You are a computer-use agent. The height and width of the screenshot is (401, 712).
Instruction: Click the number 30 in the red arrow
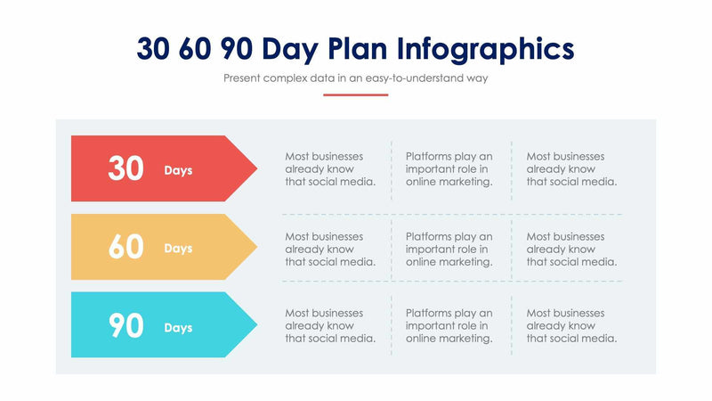[x=125, y=168]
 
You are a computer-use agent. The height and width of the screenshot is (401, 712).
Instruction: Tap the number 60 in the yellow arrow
[x=125, y=247]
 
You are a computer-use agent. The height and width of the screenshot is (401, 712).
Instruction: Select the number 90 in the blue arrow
[x=125, y=326]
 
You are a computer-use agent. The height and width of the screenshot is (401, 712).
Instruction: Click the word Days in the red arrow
[x=178, y=170]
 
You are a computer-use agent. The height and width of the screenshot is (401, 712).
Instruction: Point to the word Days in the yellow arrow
[x=178, y=249]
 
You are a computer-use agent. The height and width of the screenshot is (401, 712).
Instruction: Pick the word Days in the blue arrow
[x=178, y=328]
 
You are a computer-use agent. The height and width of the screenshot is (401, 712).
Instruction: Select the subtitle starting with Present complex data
[x=356, y=78]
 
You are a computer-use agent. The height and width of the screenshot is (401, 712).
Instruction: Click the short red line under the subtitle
[x=356, y=94]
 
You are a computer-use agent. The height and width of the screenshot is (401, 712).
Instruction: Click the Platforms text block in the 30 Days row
[x=449, y=168]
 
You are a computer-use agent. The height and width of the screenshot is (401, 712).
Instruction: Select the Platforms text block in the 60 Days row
[x=449, y=249]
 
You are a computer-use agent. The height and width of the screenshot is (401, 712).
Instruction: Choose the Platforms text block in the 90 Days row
[x=449, y=326]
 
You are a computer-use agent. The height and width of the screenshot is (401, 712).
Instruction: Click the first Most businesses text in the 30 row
[x=330, y=168]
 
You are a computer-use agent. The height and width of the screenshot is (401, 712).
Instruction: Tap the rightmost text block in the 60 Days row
[x=571, y=249]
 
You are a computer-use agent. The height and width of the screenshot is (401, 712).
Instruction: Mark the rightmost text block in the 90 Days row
[x=571, y=326]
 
